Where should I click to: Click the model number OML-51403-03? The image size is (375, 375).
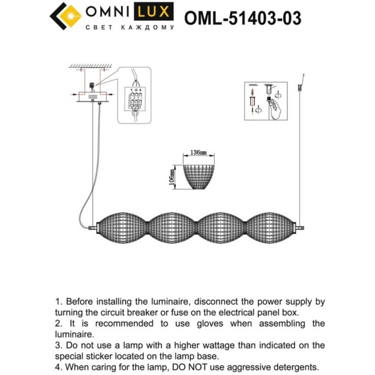pyautogui.click(x=242, y=17)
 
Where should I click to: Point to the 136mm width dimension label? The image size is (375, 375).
pyautogui.click(x=198, y=153)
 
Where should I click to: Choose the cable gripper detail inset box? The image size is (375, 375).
pyautogui.click(x=266, y=101)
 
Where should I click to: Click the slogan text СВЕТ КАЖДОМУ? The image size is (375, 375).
pyautogui.click(x=130, y=28)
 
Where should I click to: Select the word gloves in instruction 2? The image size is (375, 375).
pyautogui.click(x=230, y=323)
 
